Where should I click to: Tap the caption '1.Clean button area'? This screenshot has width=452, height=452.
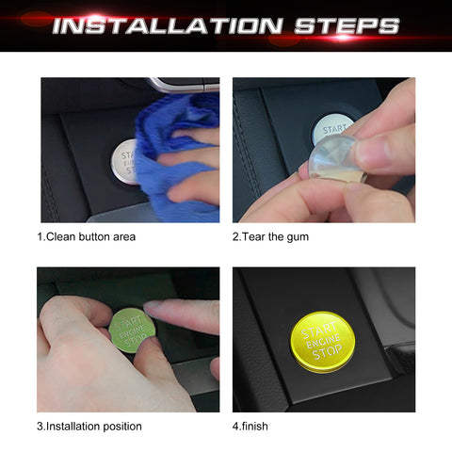coord(87,236)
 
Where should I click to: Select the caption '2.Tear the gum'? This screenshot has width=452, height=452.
coord(270,236)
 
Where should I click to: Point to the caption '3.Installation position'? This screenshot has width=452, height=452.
coord(89,426)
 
